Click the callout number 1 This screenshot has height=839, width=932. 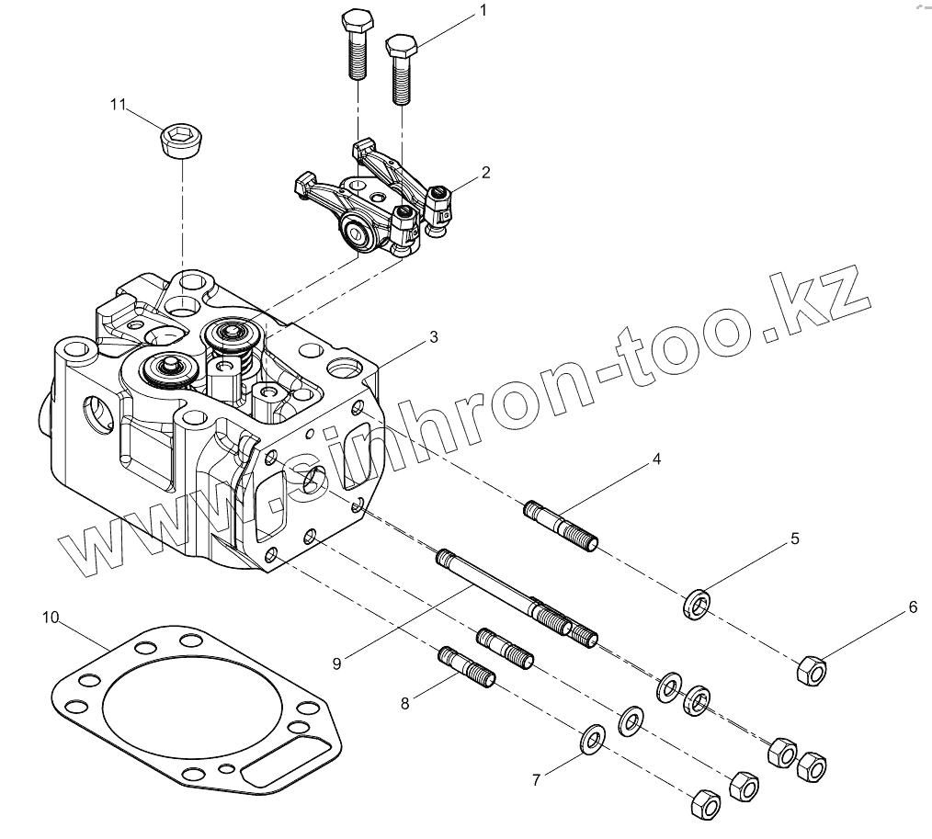(x=483, y=10)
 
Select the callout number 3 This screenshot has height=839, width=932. (x=433, y=336)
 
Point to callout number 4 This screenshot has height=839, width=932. (x=656, y=459)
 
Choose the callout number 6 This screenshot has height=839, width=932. (x=913, y=607)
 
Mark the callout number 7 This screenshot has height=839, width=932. (x=536, y=780)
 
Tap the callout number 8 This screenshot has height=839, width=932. (x=404, y=704)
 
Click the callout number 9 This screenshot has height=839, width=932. (x=337, y=663)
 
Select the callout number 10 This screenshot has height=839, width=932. (x=51, y=617)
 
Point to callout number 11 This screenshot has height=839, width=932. (x=118, y=105)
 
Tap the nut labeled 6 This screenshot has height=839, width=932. (x=811, y=670)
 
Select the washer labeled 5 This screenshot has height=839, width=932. (x=698, y=603)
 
